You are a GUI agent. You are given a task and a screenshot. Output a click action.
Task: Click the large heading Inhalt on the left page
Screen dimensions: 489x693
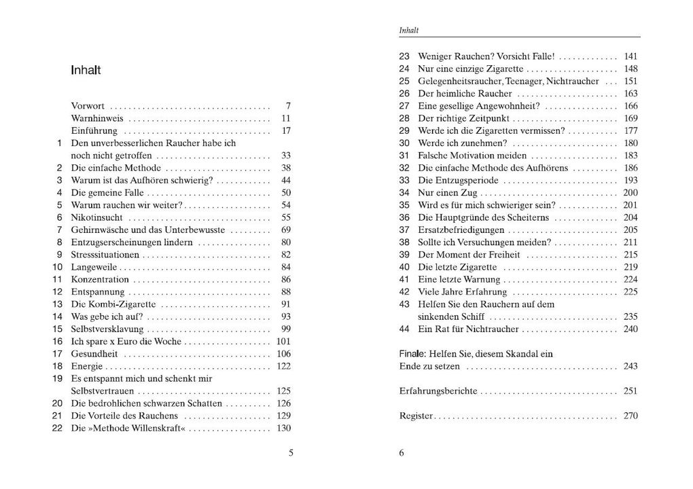86,70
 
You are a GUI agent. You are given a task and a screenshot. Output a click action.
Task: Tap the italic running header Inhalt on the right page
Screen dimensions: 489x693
408,30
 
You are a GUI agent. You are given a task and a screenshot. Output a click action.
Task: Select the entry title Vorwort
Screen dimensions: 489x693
88,106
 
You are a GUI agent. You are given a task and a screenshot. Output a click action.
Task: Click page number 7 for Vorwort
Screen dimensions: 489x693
288,106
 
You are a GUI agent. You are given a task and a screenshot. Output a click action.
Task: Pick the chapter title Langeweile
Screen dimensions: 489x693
93,267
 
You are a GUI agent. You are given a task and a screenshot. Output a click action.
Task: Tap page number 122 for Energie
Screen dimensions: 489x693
283,366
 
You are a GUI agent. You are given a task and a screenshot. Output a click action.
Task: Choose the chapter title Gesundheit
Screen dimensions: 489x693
94,354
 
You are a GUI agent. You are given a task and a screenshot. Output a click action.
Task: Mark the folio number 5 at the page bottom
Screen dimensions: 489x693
291,454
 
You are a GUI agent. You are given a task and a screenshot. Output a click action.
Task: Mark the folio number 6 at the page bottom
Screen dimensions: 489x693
402,454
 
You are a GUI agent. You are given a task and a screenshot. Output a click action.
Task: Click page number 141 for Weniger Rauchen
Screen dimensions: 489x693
630,56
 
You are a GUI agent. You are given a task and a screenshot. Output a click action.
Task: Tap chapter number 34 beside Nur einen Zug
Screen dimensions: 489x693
404,193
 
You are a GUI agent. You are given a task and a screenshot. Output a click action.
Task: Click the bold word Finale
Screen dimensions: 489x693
412,354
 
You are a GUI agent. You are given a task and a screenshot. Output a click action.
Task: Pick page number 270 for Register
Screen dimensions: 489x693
630,416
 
